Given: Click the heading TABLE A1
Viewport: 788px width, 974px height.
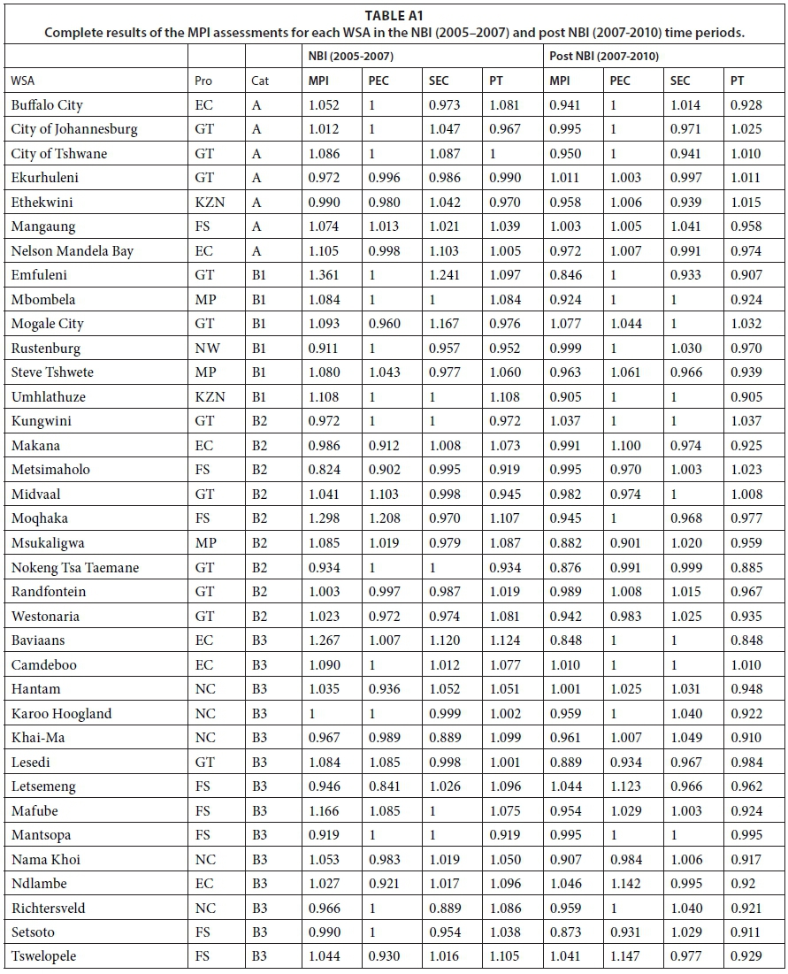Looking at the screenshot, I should point(394,15).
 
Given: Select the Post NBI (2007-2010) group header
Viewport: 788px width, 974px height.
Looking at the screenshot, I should point(601,56).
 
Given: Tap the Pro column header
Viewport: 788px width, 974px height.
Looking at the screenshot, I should point(203,81).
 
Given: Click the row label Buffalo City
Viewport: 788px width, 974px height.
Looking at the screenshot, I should point(47,104).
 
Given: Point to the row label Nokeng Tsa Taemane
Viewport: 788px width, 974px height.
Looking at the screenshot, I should point(75,567).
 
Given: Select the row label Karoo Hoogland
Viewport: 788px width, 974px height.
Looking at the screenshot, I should point(61,713).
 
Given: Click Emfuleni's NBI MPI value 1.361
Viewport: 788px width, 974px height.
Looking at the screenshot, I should point(325,275).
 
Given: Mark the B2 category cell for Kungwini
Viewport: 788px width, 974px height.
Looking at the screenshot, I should point(259,421).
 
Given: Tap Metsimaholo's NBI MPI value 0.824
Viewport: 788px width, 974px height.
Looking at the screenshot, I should point(325,470).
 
